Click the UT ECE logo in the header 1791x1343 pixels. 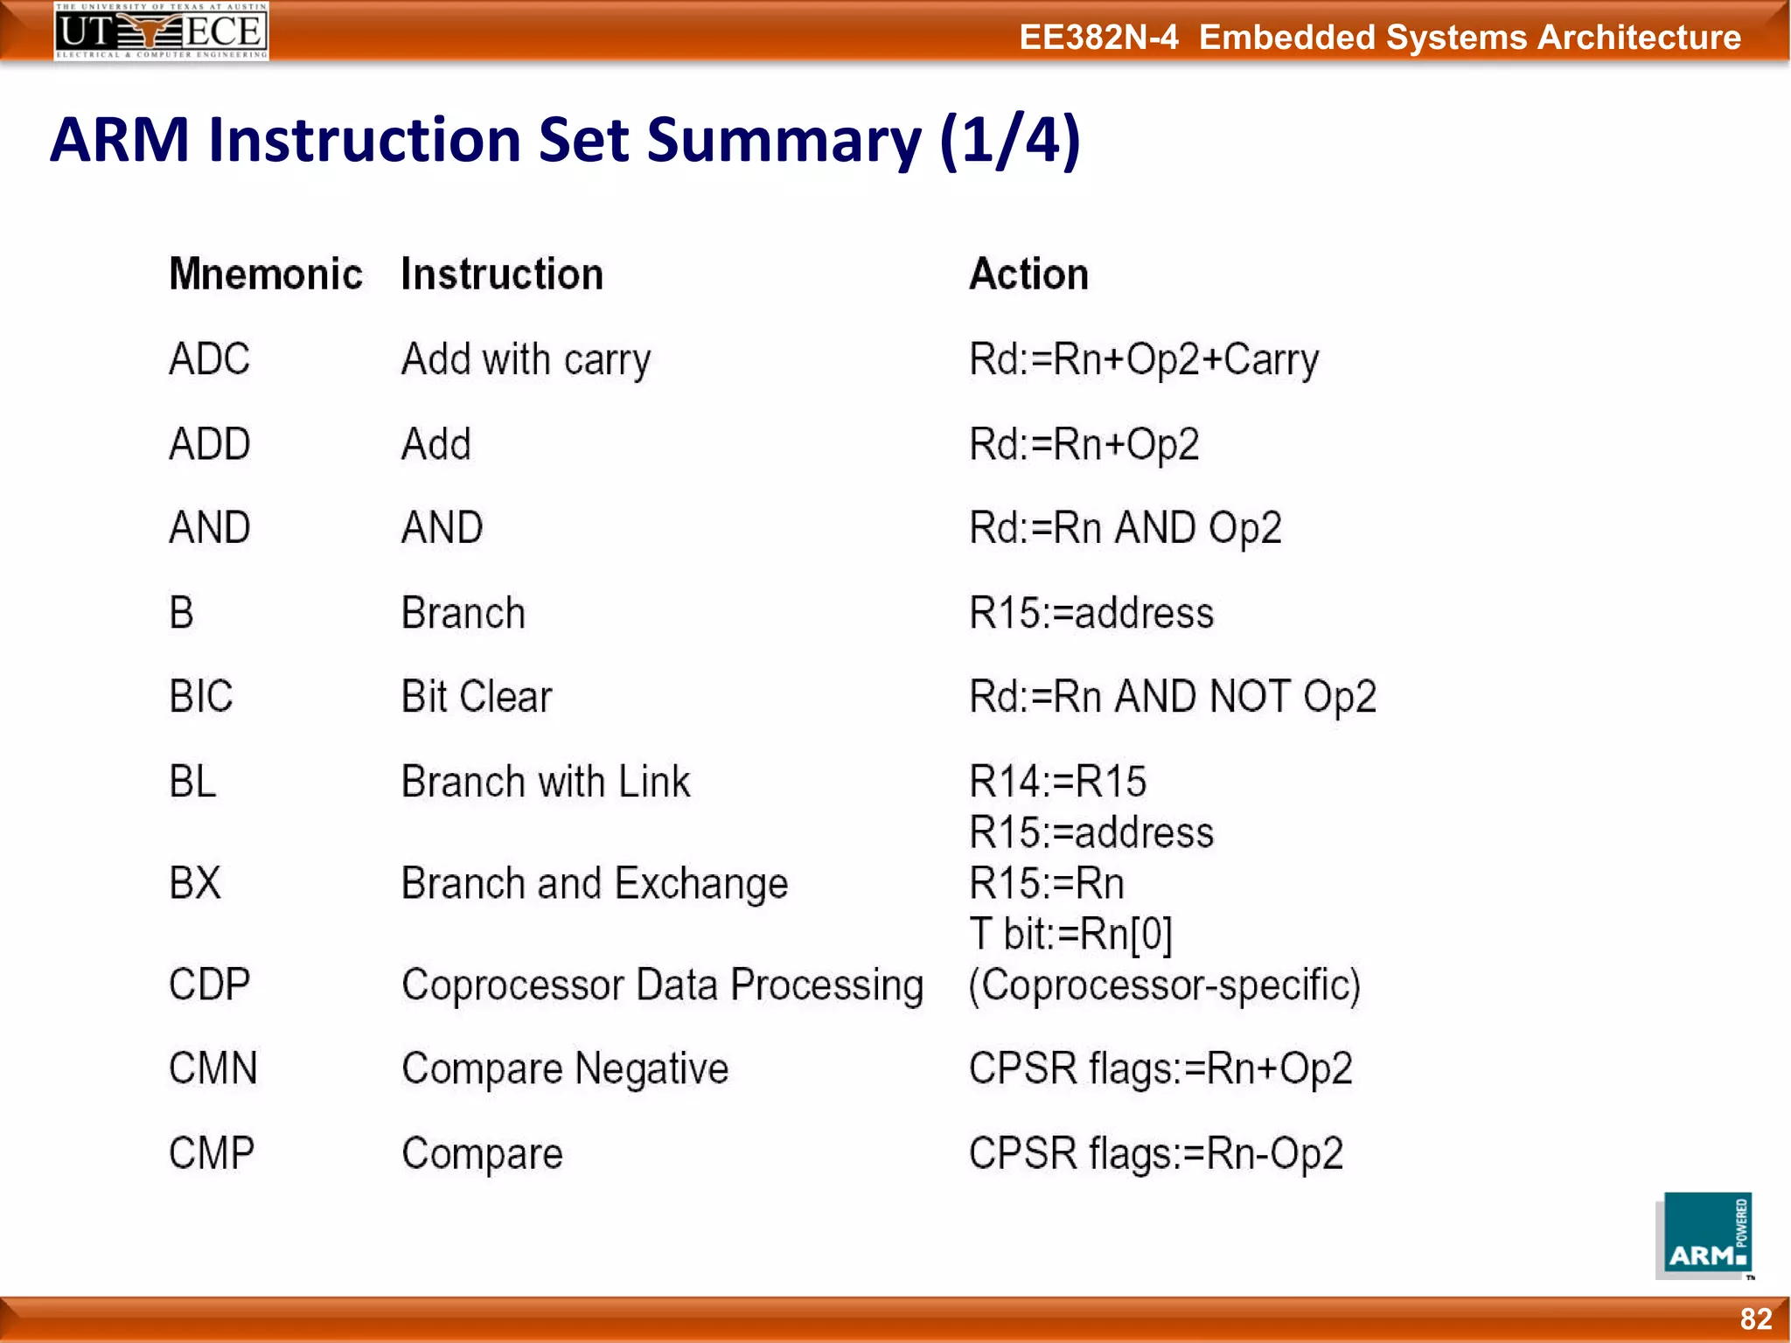(x=161, y=31)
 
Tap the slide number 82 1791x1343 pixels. (x=1755, y=1319)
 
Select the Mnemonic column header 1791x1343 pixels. (x=265, y=275)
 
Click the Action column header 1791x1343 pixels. (x=1028, y=275)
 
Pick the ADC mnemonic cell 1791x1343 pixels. (x=209, y=359)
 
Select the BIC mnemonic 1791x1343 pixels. (x=201, y=697)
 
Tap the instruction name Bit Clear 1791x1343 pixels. (x=477, y=697)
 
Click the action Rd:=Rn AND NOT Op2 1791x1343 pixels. (x=1172, y=697)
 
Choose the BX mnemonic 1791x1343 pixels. (x=195, y=883)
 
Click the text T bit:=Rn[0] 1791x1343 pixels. (x=1070, y=934)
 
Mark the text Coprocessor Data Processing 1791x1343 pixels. (x=662, y=985)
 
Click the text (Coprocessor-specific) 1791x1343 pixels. (x=1164, y=985)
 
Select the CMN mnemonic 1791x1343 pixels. (x=213, y=1068)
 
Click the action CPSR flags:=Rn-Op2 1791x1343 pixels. (x=1155, y=1153)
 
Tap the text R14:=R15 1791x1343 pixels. (x=1057, y=782)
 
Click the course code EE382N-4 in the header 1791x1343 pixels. (x=1098, y=38)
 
